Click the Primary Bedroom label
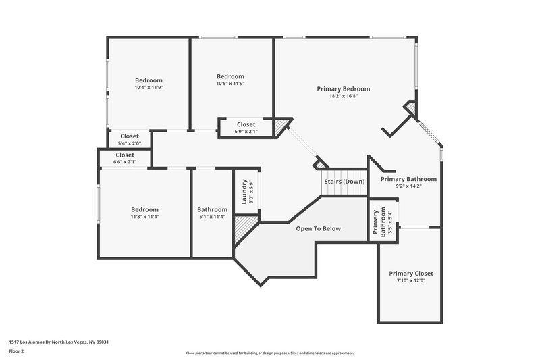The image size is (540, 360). [x=344, y=88]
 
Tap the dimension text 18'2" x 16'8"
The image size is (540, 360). [x=344, y=96]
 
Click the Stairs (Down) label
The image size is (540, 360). [x=344, y=182]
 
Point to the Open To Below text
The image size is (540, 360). [x=318, y=228]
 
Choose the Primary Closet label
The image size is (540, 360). [x=410, y=273]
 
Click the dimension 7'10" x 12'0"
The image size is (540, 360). [x=410, y=280]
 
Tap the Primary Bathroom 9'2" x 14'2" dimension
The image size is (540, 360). [x=408, y=186]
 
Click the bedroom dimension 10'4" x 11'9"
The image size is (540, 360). [x=148, y=88]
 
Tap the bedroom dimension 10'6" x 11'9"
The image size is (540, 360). [x=230, y=84]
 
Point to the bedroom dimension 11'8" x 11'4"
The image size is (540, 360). [x=144, y=217]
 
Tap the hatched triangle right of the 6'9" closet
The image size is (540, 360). [x=279, y=126]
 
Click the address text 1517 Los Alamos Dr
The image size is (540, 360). [x=59, y=342]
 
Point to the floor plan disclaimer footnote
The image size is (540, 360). [x=270, y=353]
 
